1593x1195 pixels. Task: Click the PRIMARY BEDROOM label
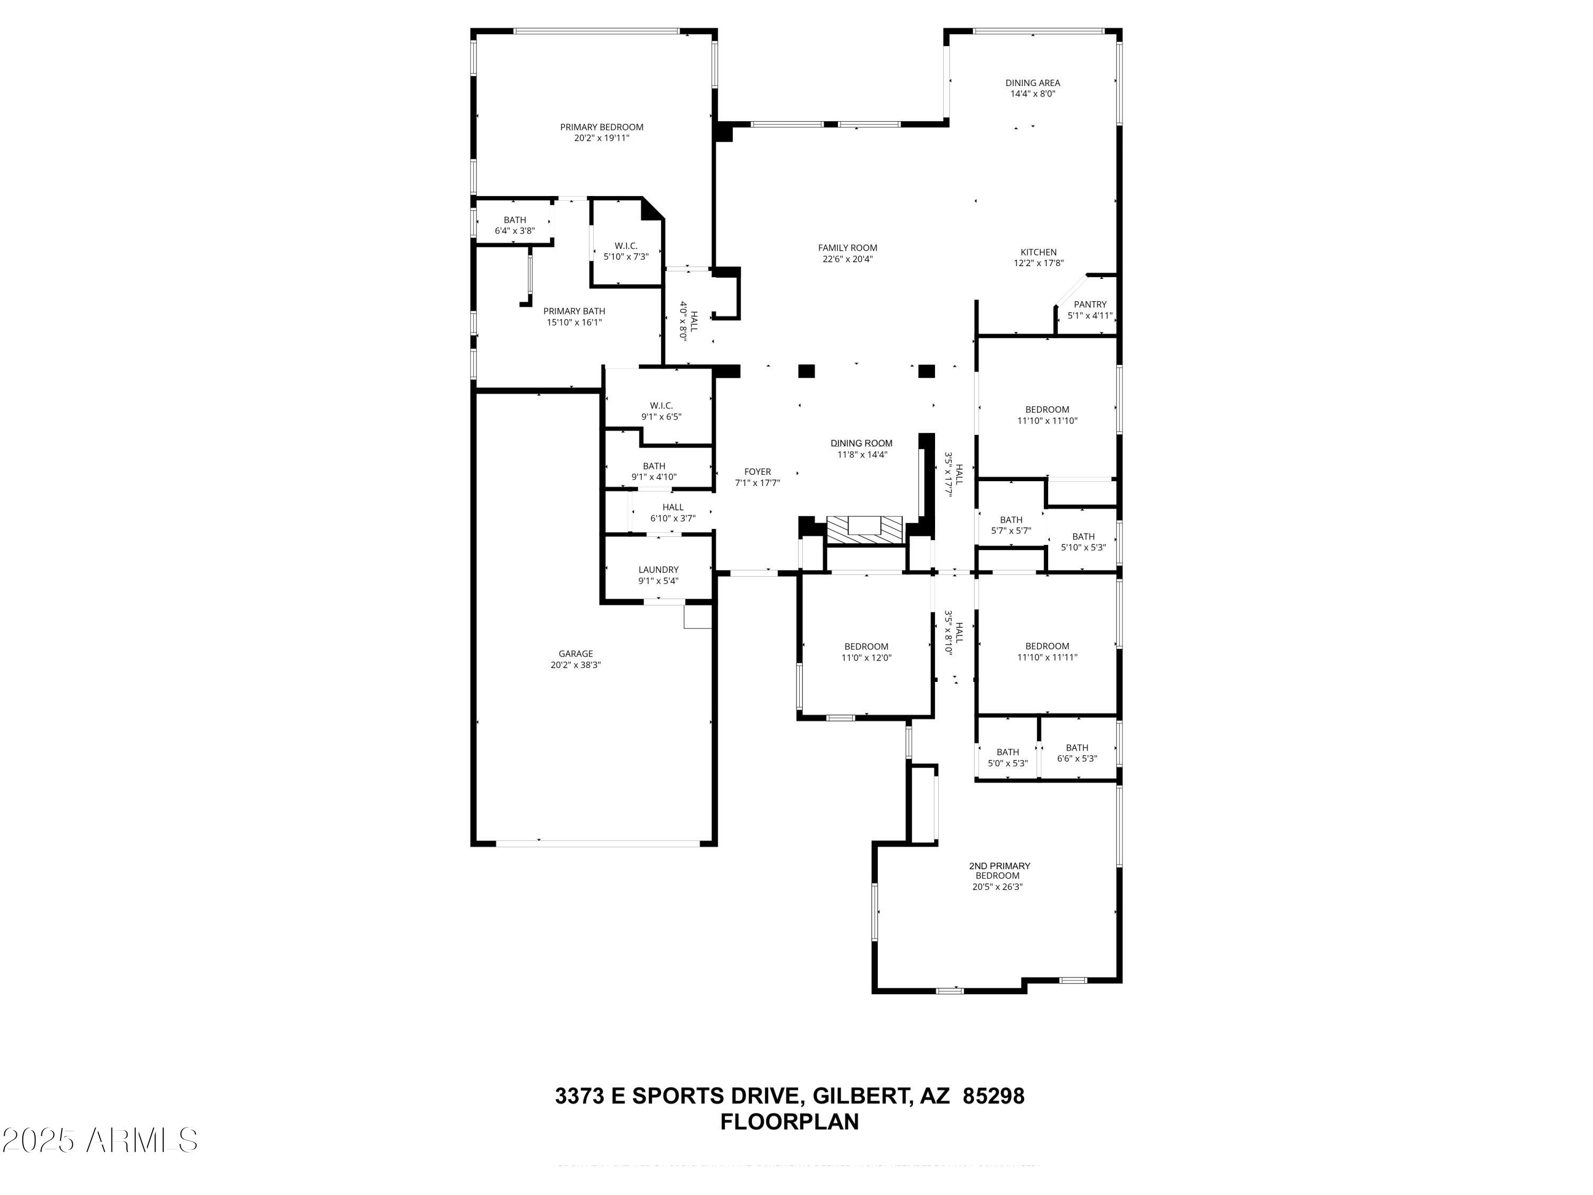point(601,127)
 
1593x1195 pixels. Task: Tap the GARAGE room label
point(576,654)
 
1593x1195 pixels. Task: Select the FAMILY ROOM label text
point(847,248)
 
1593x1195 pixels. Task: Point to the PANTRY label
point(1090,305)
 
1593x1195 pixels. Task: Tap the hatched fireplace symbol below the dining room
point(864,530)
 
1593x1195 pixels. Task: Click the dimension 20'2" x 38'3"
point(576,665)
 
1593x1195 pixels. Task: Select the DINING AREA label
point(1033,83)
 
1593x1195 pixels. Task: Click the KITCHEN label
point(1038,252)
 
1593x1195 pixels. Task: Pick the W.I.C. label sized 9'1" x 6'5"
point(661,406)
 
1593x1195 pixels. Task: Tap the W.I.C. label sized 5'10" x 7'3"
point(626,245)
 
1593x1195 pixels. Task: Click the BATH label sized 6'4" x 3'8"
point(514,220)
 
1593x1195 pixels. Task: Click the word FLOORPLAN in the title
point(789,1122)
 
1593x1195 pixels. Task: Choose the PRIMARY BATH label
point(574,311)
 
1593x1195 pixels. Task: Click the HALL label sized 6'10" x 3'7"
point(673,507)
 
